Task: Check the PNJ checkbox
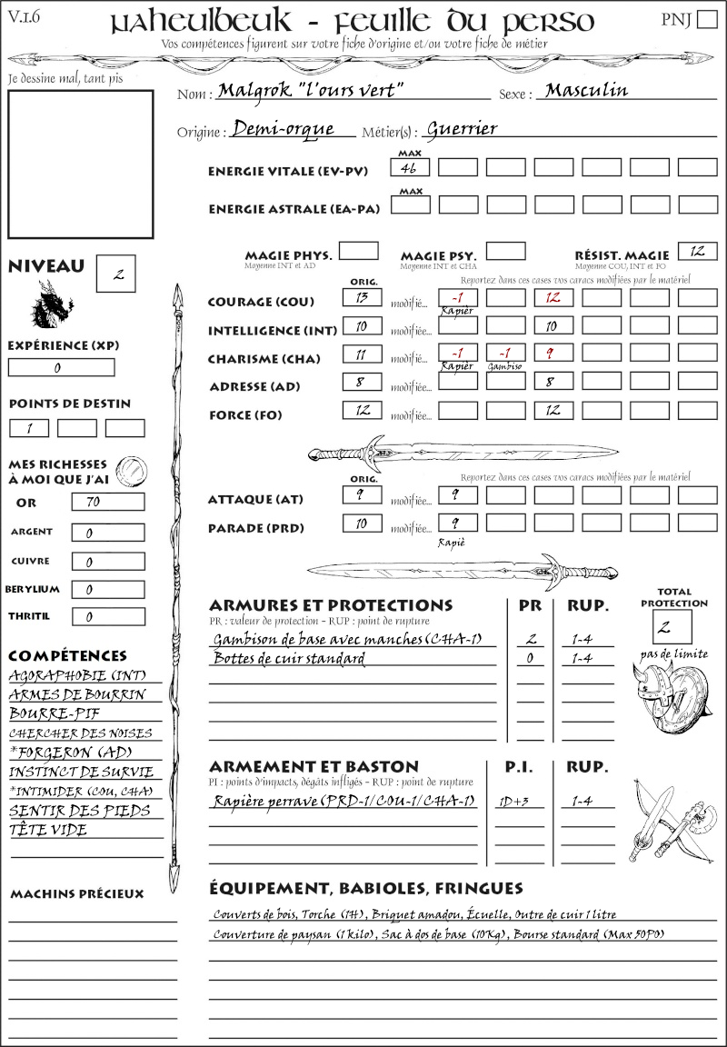click(x=705, y=20)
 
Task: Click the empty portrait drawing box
click(x=80, y=164)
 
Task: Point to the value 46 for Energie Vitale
click(x=410, y=167)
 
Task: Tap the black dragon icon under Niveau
click(x=51, y=304)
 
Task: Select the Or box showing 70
click(x=107, y=502)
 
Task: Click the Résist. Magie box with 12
click(x=697, y=250)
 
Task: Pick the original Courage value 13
click(x=362, y=297)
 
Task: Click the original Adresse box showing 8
click(x=362, y=383)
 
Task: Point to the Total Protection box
click(x=672, y=627)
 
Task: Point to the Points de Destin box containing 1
click(x=29, y=428)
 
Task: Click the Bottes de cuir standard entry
click(x=288, y=658)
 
